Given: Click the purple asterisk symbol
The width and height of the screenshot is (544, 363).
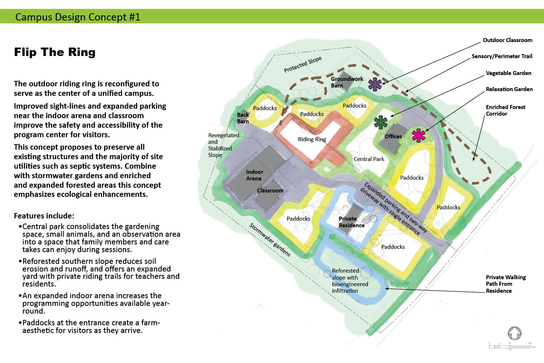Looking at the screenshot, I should pos(375,85).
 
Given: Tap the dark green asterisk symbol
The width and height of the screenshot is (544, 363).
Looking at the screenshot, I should pos(381,122).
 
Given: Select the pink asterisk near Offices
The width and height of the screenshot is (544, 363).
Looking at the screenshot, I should pos(418,135).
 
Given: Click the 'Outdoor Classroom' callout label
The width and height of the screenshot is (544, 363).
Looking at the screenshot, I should pos(507,40).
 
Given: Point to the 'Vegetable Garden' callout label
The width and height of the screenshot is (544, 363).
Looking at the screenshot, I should pos(508,73).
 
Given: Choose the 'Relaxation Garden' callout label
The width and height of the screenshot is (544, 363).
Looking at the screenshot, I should pos(509,89).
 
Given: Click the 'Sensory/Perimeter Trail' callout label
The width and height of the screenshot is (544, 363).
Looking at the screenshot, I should pos(502,56).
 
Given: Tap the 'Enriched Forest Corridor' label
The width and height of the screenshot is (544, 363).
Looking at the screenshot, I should pos(505,111).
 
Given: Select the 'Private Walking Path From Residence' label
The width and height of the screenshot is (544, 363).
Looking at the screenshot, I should pos(506,284).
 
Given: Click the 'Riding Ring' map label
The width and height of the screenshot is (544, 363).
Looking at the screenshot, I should pos(312,139).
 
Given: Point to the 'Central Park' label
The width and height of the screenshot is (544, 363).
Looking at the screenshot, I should pos(369,159).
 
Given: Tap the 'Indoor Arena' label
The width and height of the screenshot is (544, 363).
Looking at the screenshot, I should pos(254,175).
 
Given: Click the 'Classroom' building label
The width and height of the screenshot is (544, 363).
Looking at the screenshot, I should pos(270,191).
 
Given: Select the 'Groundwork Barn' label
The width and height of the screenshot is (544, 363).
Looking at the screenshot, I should pos(347,82).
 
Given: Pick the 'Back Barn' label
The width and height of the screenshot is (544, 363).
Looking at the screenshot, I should pos(243,118).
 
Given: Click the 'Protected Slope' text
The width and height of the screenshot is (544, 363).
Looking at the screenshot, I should pos(303,64).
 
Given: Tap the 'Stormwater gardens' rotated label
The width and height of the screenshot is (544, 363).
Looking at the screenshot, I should pos(270,240).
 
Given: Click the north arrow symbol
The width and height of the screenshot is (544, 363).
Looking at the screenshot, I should pos(514,333).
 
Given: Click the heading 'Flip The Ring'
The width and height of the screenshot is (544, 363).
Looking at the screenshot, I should pos(55,52).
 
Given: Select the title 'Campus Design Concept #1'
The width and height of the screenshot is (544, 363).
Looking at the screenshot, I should pos(78,17).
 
